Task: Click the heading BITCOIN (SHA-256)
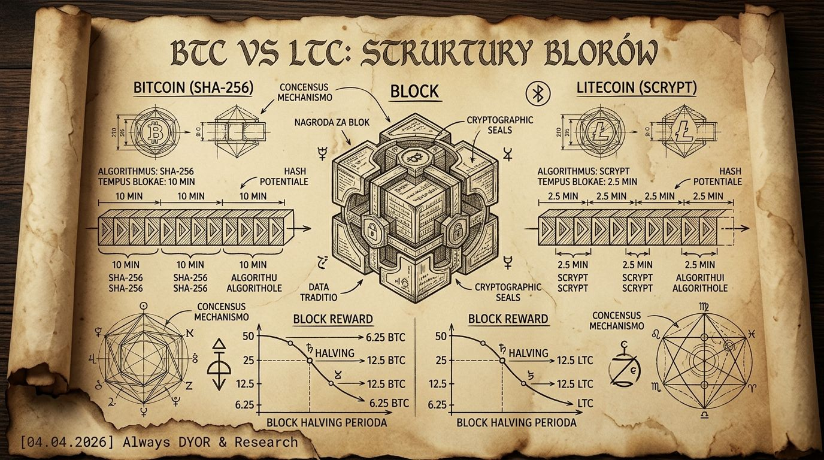pos(193,89)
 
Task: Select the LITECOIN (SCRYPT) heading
pos(637,89)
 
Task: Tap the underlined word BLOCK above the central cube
pos(415,92)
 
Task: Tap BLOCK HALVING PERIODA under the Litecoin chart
pos(516,423)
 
